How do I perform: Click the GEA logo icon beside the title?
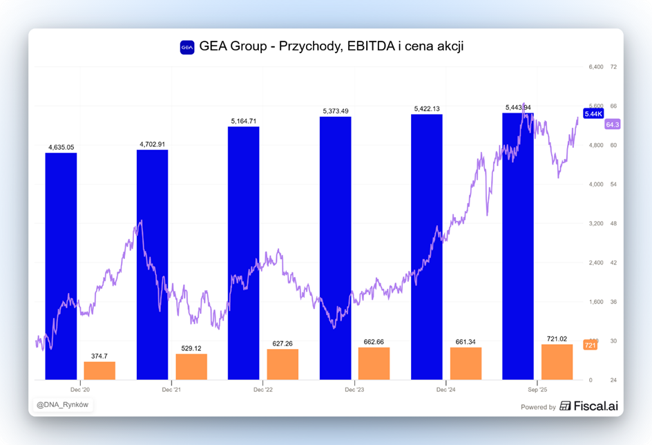coord(187,47)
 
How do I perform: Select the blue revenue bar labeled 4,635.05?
coord(61,266)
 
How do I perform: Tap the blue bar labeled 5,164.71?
coord(244,253)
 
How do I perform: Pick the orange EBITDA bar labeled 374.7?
coord(99,370)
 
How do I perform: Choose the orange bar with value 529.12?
coord(191,366)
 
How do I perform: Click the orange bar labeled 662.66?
coord(374,363)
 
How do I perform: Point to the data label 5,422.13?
coord(427,108)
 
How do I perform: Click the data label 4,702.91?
coord(153,144)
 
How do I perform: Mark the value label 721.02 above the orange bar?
coord(557,339)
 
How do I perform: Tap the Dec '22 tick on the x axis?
coord(263,390)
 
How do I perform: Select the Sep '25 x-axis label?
coord(537,390)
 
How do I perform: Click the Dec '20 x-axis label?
coord(80,390)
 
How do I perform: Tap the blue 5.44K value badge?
coord(593,113)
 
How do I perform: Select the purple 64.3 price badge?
coord(612,124)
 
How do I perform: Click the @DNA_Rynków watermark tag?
coord(63,405)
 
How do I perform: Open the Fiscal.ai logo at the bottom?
coord(588,406)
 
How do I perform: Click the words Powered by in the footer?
coord(538,407)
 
